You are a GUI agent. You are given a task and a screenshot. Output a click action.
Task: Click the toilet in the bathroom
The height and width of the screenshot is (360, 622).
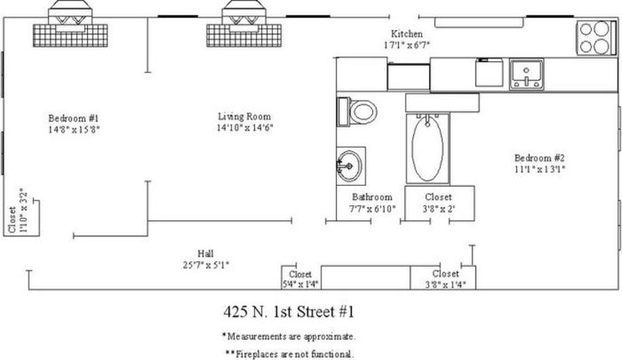357,112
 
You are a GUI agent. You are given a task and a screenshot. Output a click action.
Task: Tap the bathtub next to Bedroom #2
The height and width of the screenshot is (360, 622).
428,149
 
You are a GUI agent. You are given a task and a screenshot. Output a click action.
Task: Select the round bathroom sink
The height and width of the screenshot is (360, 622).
349,166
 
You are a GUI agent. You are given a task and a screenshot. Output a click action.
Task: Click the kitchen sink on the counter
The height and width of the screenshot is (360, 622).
526,75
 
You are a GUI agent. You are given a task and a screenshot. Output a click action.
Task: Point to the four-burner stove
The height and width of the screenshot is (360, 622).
594,37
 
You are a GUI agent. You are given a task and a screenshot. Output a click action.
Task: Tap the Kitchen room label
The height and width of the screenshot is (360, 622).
407,33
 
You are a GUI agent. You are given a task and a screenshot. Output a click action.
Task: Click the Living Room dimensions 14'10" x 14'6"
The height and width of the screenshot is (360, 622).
245,128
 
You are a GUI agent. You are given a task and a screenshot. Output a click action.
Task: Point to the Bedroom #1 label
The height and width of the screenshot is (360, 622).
73,118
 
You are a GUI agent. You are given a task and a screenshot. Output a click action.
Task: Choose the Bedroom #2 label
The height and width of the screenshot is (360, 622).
540,158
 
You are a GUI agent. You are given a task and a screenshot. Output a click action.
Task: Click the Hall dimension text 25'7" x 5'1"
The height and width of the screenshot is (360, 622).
206,264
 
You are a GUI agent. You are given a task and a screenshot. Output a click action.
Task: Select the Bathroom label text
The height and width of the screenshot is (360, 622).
372,197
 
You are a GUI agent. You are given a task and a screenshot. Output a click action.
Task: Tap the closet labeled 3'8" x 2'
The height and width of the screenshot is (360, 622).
439,203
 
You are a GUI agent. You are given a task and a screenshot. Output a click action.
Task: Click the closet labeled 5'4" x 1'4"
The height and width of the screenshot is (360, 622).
301,278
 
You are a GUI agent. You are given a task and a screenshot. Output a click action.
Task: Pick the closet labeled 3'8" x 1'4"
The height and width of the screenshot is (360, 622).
443,278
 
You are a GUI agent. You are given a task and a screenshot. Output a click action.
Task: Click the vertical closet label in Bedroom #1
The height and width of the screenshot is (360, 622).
17,211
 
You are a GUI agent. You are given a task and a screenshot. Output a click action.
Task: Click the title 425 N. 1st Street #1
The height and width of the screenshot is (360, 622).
288,312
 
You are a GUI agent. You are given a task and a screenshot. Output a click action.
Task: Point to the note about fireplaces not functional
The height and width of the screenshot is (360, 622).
289,354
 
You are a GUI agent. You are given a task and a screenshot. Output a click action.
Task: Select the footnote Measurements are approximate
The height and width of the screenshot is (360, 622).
288,337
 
